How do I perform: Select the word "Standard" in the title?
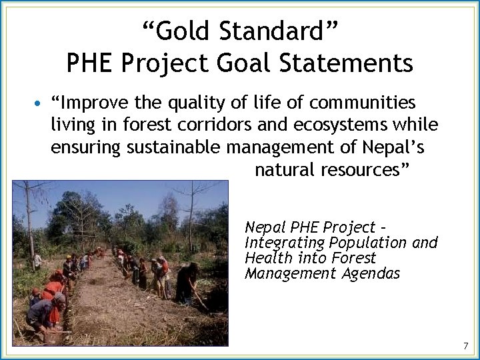[x=281, y=31]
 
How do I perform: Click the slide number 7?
[x=465, y=345]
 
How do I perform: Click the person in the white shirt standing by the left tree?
[x=38, y=260]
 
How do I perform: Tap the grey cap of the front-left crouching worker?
[x=59, y=299]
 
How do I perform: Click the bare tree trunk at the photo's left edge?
[x=28, y=220]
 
